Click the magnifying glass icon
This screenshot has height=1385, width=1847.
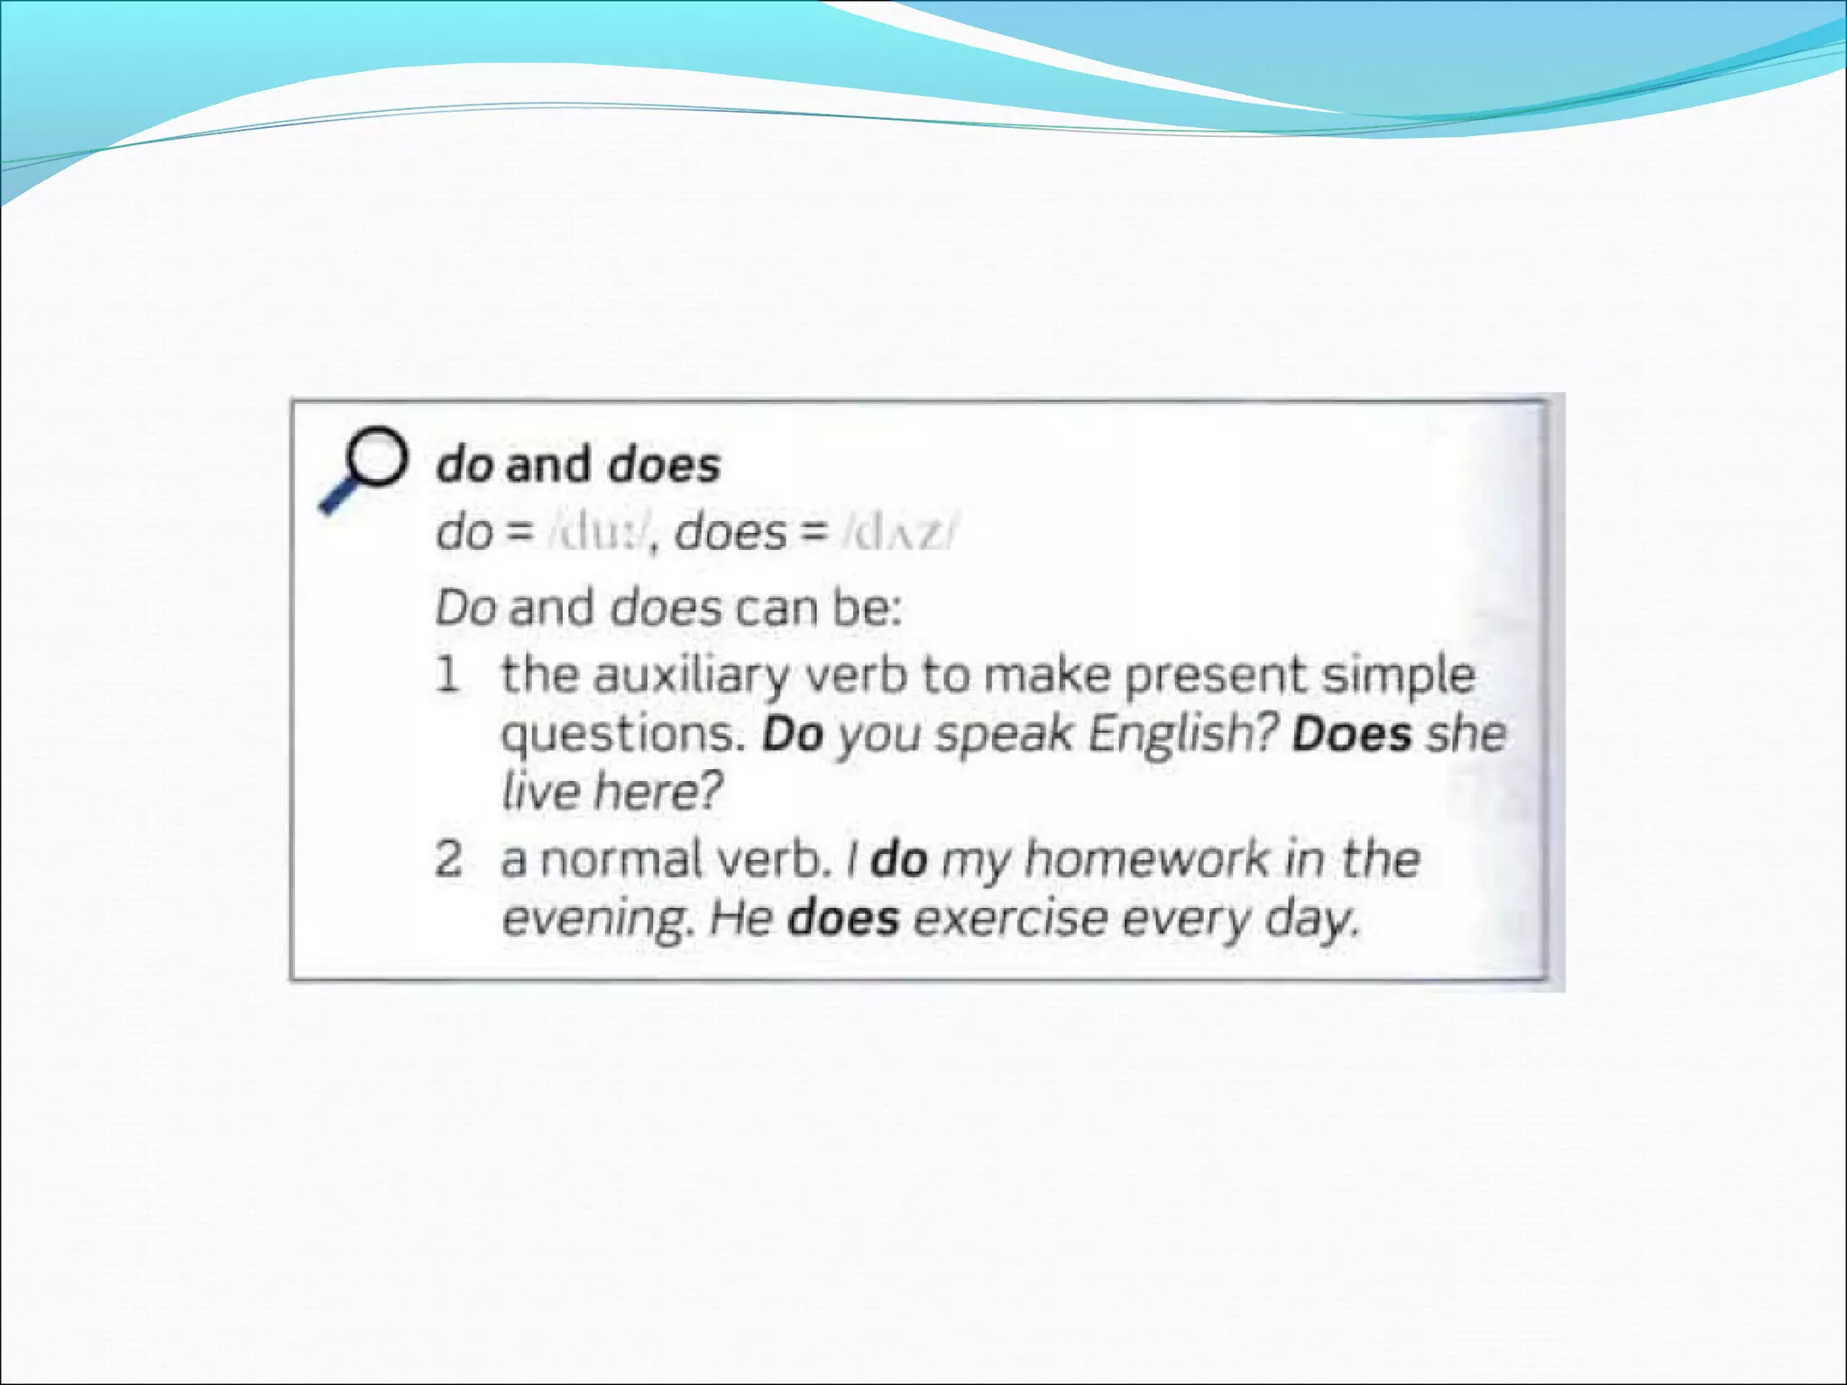click(x=364, y=467)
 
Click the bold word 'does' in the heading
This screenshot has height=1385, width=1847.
click(x=664, y=465)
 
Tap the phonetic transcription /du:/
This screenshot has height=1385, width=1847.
click(x=598, y=533)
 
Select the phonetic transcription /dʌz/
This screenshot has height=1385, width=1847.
click(x=896, y=533)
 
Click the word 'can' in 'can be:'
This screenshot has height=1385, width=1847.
click(x=775, y=608)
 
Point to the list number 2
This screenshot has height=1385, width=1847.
click(x=449, y=858)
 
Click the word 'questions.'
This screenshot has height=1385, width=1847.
click(x=623, y=735)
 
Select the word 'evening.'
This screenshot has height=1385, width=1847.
click(x=598, y=920)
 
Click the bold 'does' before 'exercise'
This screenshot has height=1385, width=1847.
click(x=843, y=919)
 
